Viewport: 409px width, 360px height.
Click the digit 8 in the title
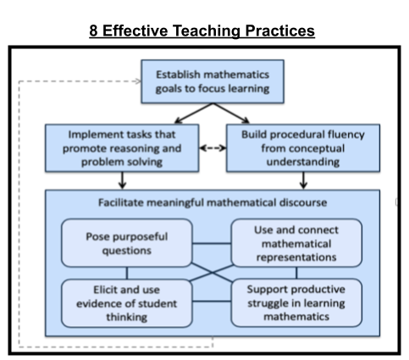pos(93,30)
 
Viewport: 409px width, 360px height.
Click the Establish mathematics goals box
pos(213,81)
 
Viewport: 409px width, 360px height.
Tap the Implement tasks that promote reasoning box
pos(122,148)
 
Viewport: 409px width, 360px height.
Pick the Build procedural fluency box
pos(303,148)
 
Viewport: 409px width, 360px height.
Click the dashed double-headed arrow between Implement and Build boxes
pos(213,148)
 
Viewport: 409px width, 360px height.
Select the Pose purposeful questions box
pos(127,243)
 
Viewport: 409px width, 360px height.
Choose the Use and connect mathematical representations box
pos(296,243)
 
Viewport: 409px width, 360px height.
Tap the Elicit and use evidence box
pos(127,303)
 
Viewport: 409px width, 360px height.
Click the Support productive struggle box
pos(296,302)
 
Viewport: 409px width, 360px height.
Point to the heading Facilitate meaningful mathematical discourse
pos(213,202)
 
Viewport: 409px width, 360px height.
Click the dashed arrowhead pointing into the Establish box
pos(138,81)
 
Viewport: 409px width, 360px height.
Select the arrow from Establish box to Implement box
pos(194,114)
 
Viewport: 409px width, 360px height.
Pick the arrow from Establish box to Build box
pos(231,114)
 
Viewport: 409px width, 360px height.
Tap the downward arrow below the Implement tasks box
pos(122,180)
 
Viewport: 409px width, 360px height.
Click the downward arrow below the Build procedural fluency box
pos(303,180)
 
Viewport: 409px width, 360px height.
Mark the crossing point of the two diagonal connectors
pos(212,273)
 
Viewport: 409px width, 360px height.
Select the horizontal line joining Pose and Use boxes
pos(212,243)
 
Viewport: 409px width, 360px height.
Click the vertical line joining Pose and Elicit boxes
pos(127,273)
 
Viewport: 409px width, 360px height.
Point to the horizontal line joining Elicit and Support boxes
pos(212,302)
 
